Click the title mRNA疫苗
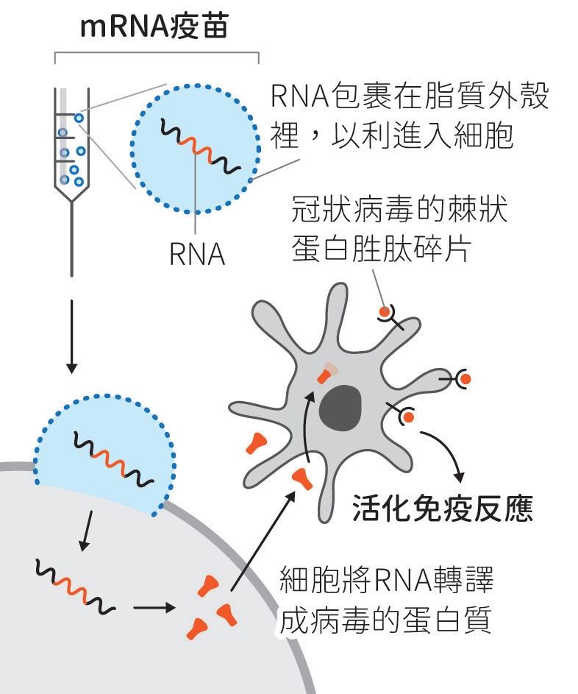point(154,27)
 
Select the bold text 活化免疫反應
point(442,507)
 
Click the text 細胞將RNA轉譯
point(386,581)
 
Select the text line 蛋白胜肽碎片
point(379,249)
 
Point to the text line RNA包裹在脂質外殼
point(410,96)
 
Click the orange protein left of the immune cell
point(257,442)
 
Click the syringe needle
point(71,239)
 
